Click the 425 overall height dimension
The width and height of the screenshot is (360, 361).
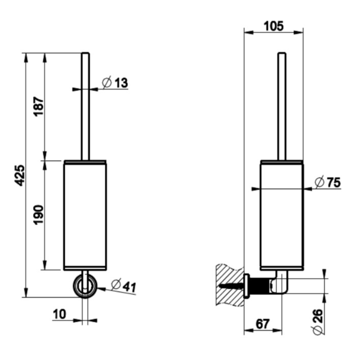(19, 176)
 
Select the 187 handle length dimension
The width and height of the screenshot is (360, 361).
(39, 106)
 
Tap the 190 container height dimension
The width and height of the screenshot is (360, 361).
(38, 215)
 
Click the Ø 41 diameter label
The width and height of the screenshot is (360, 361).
(124, 286)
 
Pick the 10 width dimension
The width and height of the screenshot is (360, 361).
(60, 314)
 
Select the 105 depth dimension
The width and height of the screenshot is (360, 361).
(273, 26)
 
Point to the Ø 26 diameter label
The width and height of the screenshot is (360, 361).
(317, 322)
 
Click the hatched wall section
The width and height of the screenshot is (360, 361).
(230, 285)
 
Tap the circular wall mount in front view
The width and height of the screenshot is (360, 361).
(85, 286)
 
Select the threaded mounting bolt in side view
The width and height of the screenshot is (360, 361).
(259, 286)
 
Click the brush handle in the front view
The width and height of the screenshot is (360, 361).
(86, 106)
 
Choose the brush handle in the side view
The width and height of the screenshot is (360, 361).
(282, 106)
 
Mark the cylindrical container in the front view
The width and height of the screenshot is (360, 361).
(85, 215)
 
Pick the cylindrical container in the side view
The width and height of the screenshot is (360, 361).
(282, 215)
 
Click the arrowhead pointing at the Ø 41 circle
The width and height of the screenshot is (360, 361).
(101, 289)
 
